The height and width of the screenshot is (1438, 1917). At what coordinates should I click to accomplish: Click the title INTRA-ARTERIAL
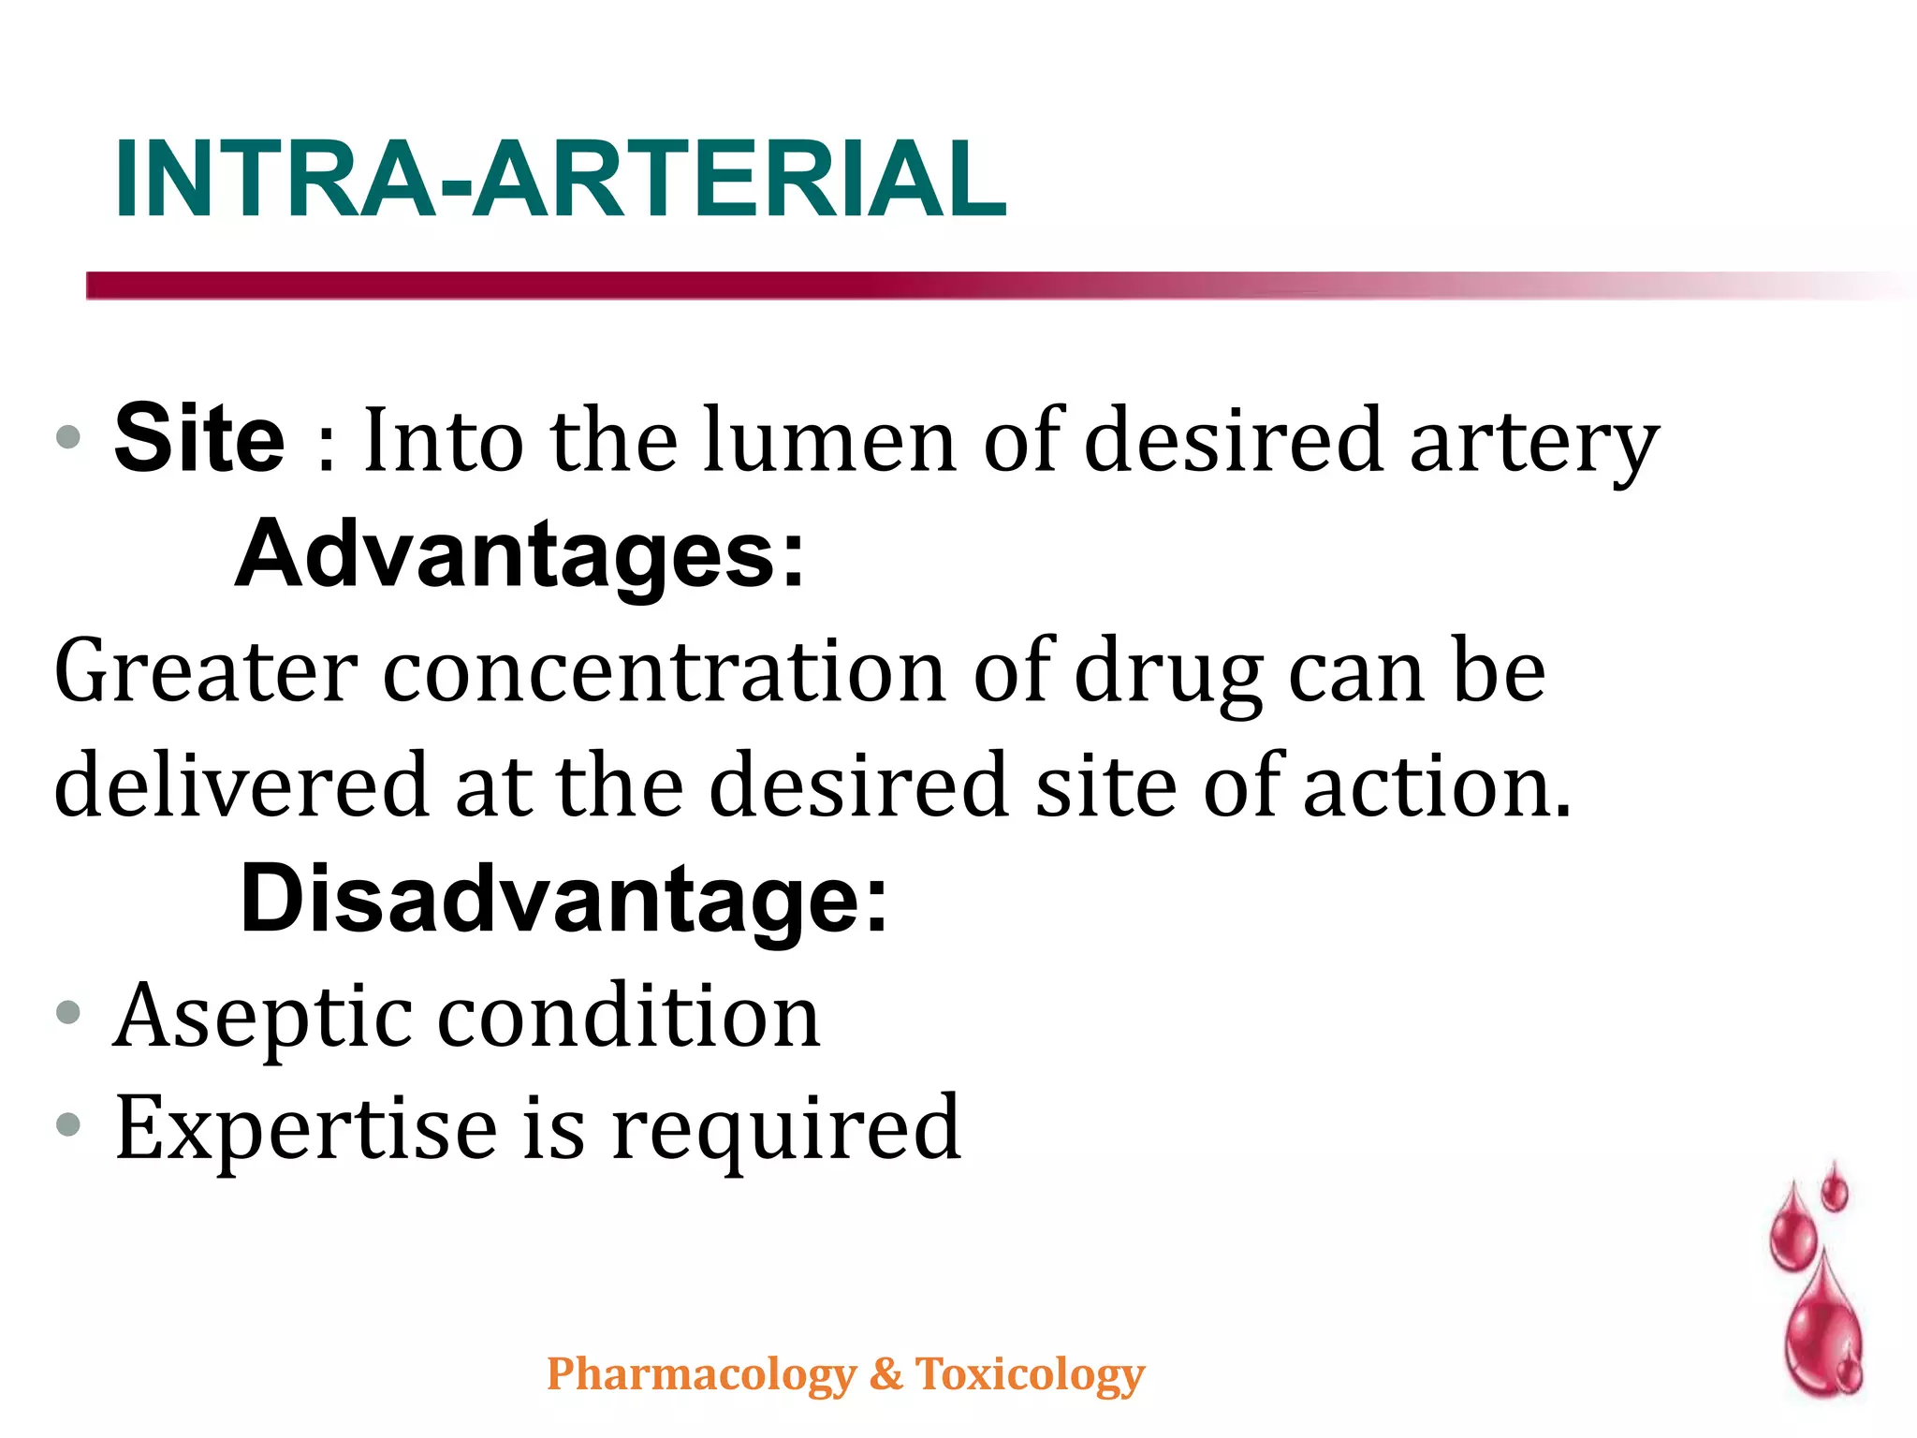(560, 180)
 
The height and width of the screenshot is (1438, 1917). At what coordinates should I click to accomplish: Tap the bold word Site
(199, 438)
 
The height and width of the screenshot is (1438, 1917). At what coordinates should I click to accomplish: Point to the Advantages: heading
(519, 554)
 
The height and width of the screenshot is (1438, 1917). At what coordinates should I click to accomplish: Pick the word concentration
(665, 670)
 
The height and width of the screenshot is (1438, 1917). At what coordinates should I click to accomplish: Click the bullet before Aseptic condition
(68, 1013)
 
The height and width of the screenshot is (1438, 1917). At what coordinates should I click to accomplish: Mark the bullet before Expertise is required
(68, 1123)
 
